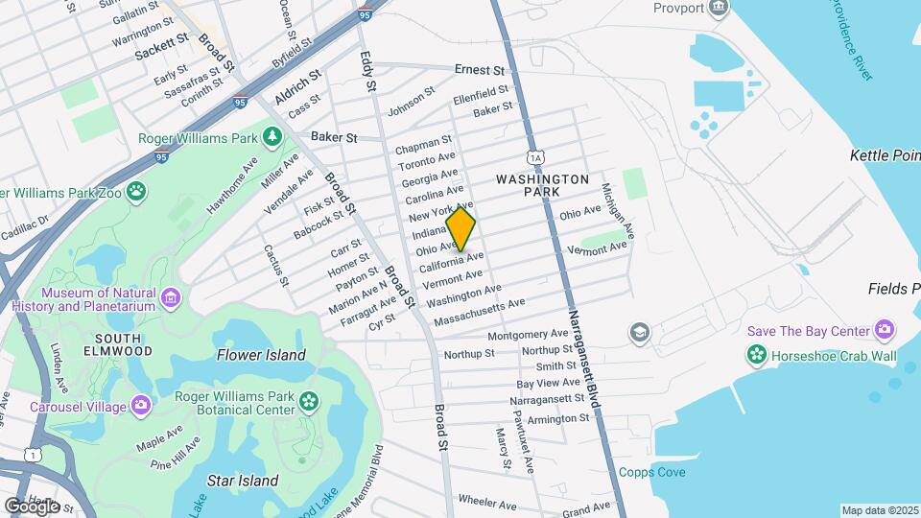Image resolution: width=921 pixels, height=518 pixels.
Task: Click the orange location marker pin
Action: (x=461, y=229)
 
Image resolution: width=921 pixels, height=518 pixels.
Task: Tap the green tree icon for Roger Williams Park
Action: (x=272, y=137)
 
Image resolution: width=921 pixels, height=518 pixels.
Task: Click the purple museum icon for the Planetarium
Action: (x=171, y=298)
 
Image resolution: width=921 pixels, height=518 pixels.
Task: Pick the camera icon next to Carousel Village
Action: (x=141, y=407)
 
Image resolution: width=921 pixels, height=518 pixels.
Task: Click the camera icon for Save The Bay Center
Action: (x=885, y=331)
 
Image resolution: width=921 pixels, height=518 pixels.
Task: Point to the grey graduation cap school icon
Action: (x=637, y=333)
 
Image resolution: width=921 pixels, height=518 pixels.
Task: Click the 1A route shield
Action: (x=535, y=156)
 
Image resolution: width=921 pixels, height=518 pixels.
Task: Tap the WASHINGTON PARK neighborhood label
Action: (x=542, y=185)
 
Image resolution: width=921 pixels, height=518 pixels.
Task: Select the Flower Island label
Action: (x=261, y=356)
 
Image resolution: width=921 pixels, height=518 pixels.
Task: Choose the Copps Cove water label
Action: (x=651, y=471)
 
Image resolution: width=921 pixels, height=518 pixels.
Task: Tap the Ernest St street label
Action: (x=480, y=71)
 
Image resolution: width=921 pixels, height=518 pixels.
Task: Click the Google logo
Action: (x=31, y=506)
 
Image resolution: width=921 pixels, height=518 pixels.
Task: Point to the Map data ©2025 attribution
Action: (x=878, y=510)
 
